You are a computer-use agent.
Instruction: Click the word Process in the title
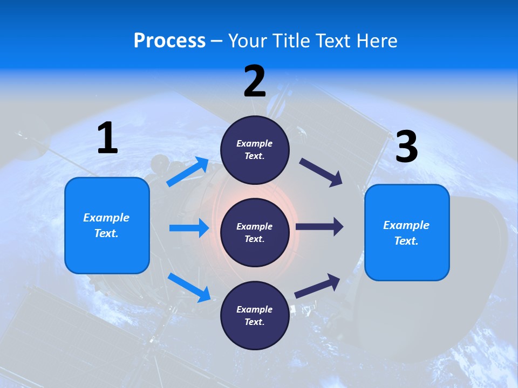169,40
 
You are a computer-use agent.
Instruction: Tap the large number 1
108,138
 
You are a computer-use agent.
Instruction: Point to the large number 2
255,82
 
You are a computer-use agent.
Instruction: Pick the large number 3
407,147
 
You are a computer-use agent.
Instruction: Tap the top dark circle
255,150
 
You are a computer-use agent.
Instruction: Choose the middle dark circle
255,232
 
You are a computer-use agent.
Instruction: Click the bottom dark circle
255,315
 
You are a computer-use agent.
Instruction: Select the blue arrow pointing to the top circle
188,172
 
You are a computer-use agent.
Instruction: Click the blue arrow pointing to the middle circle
189,228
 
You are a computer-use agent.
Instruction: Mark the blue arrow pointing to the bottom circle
189,287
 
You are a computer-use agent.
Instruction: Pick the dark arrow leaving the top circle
321,172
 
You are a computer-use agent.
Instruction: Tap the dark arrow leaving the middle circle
319,227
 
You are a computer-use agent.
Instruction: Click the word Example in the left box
106,218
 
